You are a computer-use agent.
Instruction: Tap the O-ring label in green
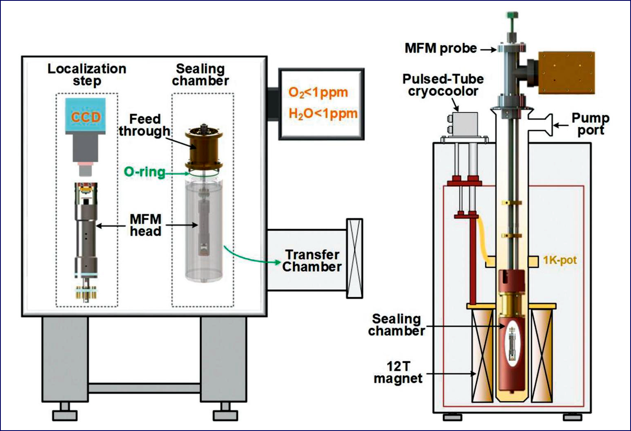click(x=145, y=172)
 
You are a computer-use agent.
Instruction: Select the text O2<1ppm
click(x=318, y=92)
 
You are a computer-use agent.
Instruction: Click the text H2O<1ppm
click(x=323, y=113)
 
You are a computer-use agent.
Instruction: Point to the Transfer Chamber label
click(x=312, y=261)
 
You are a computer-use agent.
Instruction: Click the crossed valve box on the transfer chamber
click(x=355, y=258)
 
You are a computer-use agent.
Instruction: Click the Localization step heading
click(x=87, y=75)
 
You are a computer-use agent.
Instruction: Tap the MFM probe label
click(x=441, y=48)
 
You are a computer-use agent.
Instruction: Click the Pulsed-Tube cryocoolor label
click(x=443, y=85)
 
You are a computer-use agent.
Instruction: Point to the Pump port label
click(x=590, y=124)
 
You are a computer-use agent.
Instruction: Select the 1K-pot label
click(x=560, y=260)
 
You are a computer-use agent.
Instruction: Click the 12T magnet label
click(x=398, y=372)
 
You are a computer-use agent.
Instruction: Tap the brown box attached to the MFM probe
click(x=566, y=73)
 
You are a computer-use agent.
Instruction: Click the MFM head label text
click(x=145, y=225)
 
